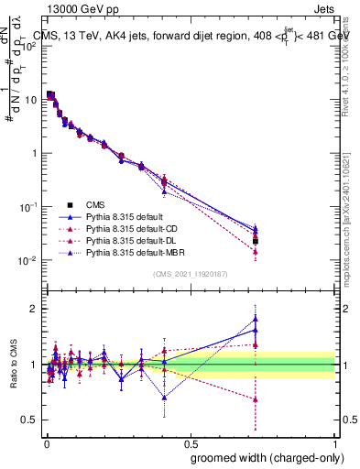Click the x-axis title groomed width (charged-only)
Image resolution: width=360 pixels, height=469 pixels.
click(x=263, y=457)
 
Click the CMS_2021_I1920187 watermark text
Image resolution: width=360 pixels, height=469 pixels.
click(x=191, y=274)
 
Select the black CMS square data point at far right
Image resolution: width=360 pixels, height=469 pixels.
click(x=256, y=241)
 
